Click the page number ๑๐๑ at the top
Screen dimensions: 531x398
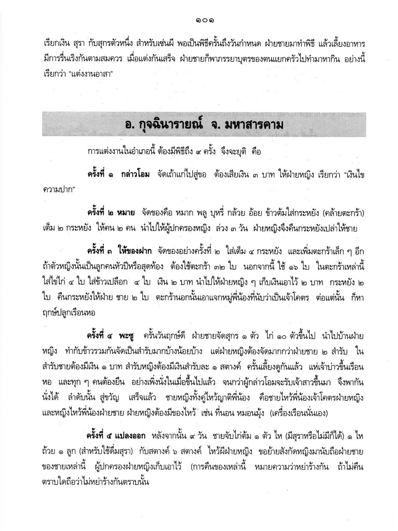click(199, 19)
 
